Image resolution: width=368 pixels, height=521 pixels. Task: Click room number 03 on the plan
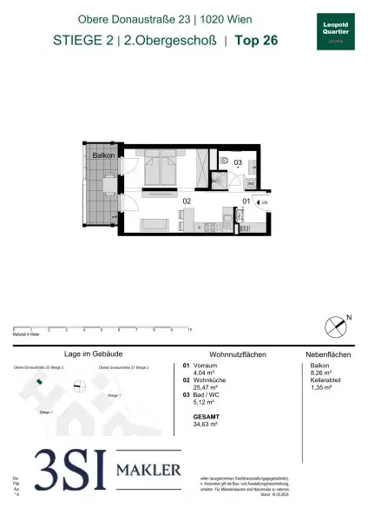coord(237,162)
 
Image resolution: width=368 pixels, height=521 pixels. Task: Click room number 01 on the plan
coord(246,202)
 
